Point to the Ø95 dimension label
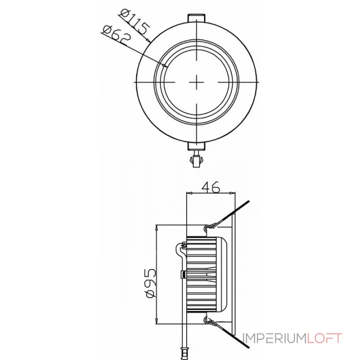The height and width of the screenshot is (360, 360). (x=151, y=282)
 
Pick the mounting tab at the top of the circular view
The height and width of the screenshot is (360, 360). (x=198, y=17)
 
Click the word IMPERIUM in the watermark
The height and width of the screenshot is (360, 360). (x=274, y=338)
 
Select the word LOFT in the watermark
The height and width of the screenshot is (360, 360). (x=325, y=338)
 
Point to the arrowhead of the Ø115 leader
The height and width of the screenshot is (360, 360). (x=149, y=41)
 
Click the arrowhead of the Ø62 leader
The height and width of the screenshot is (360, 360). (x=166, y=66)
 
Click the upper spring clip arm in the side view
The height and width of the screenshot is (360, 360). (x=229, y=215)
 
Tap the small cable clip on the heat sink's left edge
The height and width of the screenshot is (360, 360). (x=184, y=274)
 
